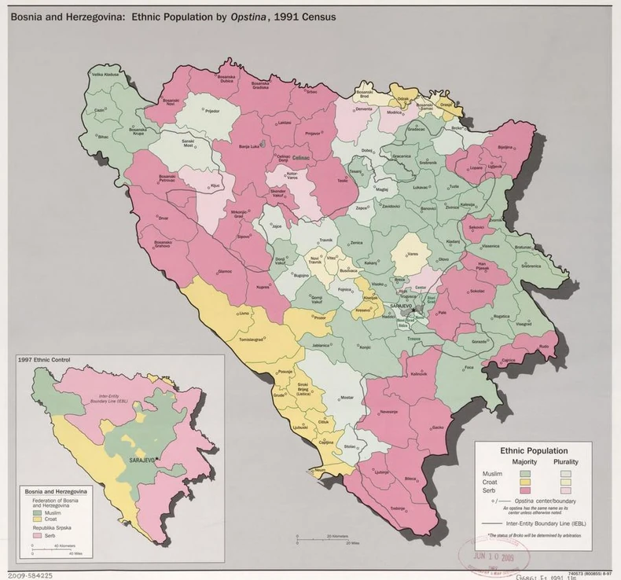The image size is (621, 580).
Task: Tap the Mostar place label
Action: (347, 399)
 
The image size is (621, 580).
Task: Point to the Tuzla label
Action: (454, 186)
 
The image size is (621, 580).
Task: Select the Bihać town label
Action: (104, 137)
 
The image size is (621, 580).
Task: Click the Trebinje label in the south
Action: (398, 508)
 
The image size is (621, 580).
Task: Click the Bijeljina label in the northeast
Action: (505, 147)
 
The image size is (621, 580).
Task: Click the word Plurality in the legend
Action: (565, 462)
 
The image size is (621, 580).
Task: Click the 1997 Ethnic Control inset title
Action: (44, 360)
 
